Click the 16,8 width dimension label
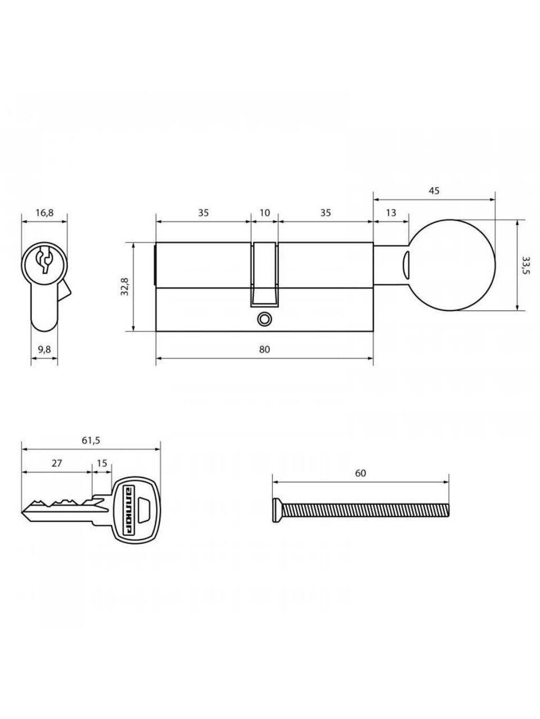pyautogui.click(x=44, y=213)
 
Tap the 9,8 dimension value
pyautogui.click(x=44, y=349)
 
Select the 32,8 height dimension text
pyautogui.click(x=124, y=286)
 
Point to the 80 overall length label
pyautogui.click(x=264, y=349)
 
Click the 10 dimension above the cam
pyautogui.click(x=264, y=213)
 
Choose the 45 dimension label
pyautogui.click(x=434, y=190)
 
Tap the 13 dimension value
pyautogui.click(x=390, y=213)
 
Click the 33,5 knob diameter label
pyautogui.click(x=525, y=265)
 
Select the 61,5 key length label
pyautogui.click(x=91, y=440)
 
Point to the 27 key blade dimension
pyautogui.click(x=56, y=463)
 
